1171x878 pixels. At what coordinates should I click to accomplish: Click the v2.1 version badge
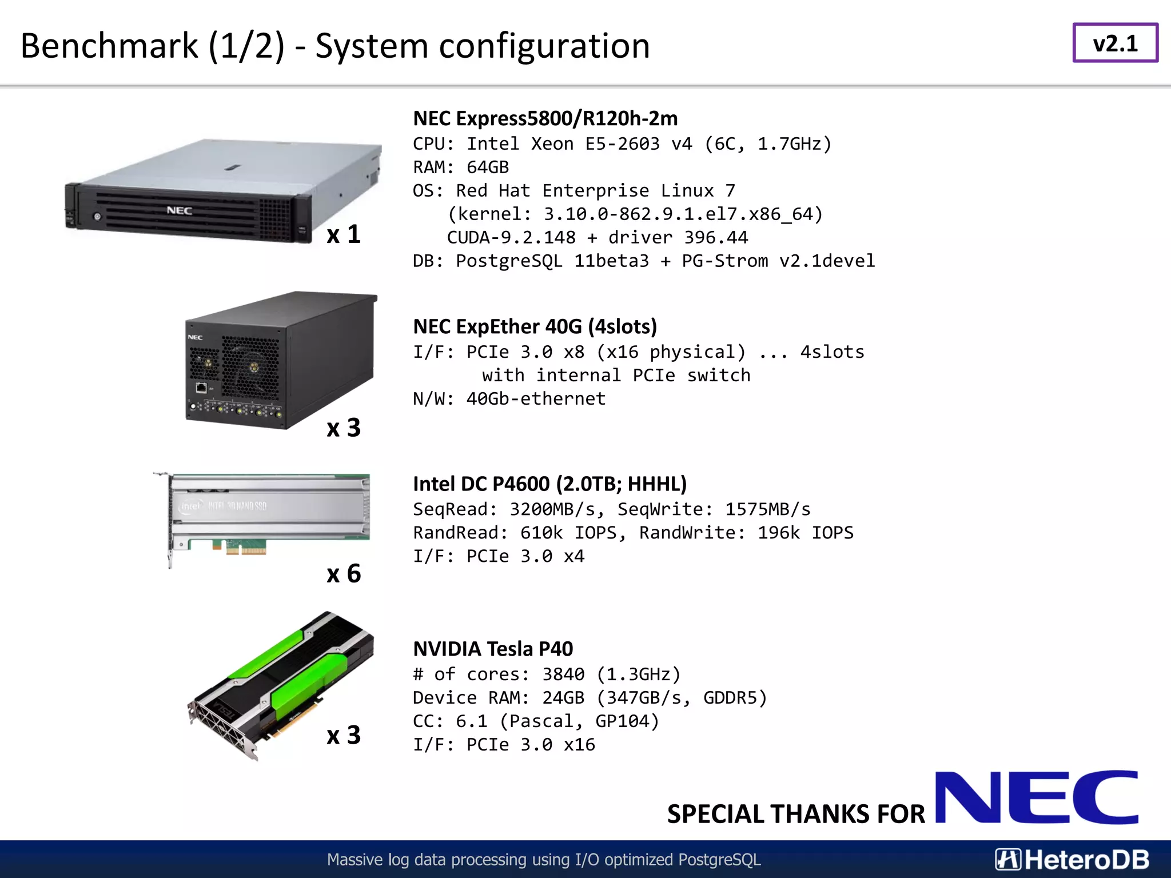(1115, 43)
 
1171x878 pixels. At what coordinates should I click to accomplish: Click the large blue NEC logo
(1036, 797)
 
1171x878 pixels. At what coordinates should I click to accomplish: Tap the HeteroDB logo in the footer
(1072, 860)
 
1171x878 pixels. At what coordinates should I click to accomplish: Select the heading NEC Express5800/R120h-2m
(545, 118)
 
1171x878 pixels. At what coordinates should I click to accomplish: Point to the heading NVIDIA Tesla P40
(493, 649)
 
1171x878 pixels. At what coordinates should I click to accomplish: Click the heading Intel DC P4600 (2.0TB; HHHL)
(549, 484)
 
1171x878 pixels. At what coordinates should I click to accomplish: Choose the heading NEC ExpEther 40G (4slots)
(535, 326)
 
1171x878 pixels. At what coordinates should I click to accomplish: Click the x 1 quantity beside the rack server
(344, 234)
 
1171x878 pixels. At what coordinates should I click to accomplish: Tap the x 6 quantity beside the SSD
(344, 573)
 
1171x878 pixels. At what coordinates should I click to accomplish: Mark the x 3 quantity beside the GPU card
(344, 735)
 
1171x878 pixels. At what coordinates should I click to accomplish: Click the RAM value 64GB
(488, 167)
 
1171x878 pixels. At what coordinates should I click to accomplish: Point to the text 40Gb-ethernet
(536, 398)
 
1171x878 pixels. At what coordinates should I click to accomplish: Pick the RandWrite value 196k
(778, 532)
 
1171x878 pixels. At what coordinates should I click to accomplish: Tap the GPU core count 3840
(563, 674)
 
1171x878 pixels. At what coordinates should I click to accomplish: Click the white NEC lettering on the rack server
(179, 210)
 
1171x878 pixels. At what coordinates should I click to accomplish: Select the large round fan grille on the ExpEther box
(250, 366)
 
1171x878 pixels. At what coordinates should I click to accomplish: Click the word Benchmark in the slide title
(109, 46)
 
